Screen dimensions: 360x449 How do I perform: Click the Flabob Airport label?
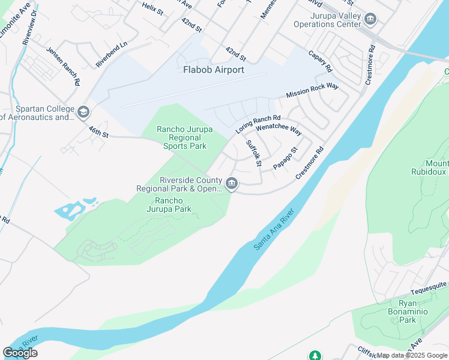[213, 70]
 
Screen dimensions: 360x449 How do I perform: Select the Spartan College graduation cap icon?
[83, 112]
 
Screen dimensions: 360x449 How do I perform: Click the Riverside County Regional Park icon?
[232, 183]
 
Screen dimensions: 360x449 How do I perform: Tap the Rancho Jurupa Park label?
[173, 205]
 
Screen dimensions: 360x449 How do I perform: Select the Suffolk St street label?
[255, 154]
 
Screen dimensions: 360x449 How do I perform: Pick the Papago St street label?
[285, 158]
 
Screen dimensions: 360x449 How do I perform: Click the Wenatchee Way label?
[278, 129]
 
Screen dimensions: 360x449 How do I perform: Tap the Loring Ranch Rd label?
[258, 124]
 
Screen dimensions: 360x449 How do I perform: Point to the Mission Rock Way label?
[312, 91]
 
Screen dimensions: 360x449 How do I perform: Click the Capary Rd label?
[320, 61]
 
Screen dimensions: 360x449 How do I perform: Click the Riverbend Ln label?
[112, 54]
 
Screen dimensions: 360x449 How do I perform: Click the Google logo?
[20, 353]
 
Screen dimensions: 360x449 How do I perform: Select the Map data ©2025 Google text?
[412, 355]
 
